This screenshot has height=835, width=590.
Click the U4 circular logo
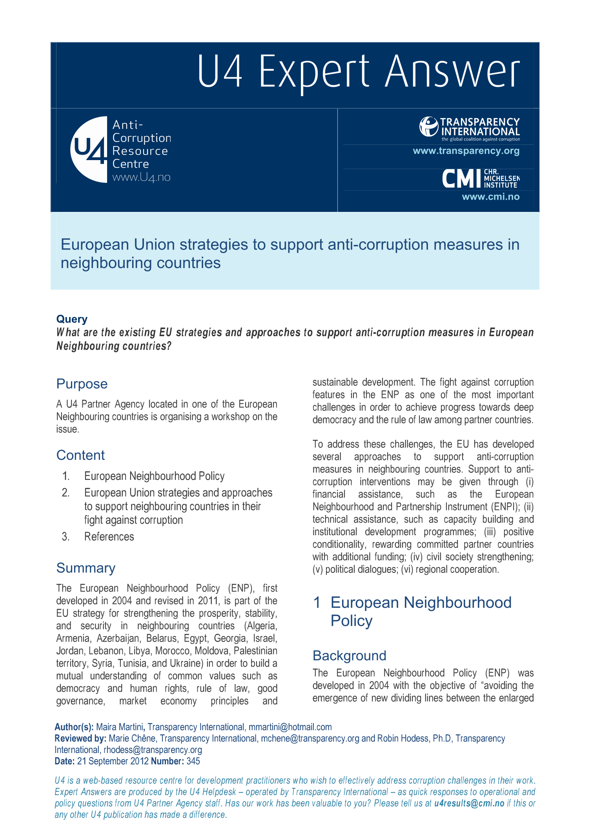[x=89, y=149]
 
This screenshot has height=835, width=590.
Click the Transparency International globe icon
[x=428, y=126]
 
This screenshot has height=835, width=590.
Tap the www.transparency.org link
[x=466, y=151]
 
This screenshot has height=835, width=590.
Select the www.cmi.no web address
[x=490, y=197]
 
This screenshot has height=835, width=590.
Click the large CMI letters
[x=461, y=179]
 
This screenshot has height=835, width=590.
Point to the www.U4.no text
[x=141, y=177]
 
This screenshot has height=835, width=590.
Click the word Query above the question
[x=72, y=319]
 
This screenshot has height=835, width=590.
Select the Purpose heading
[x=82, y=384]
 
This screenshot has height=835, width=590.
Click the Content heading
[x=80, y=455]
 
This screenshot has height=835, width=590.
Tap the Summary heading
[x=86, y=568]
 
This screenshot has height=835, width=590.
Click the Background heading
[x=349, y=656]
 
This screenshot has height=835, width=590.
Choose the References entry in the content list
[x=109, y=536]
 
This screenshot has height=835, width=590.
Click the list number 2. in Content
[x=66, y=492]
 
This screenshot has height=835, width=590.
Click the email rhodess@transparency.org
[x=153, y=750]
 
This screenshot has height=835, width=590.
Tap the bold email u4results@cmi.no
[x=469, y=803]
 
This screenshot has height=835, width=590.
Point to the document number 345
[x=193, y=761]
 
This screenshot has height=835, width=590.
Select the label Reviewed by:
[x=80, y=738]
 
